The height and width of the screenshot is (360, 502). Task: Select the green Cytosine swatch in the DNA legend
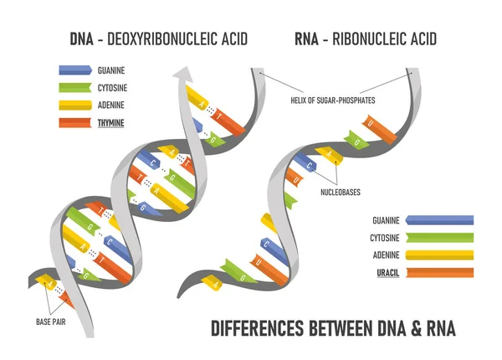coord(76,87)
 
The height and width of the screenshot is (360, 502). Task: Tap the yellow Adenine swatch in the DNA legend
coord(76,105)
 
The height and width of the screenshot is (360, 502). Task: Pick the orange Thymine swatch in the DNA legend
coord(76,123)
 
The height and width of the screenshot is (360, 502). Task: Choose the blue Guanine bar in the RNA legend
coord(438,220)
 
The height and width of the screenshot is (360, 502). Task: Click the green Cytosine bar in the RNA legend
coord(438,238)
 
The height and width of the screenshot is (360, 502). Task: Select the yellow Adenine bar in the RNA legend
coord(438,255)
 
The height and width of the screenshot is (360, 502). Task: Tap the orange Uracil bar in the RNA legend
coord(438,272)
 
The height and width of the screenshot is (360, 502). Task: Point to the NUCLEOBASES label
coord(340,192)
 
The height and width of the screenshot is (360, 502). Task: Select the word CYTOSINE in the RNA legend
coord(383,238)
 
